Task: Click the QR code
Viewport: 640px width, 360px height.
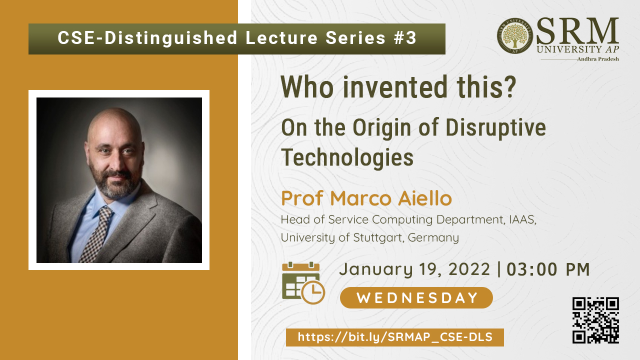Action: click(x=595, y=320)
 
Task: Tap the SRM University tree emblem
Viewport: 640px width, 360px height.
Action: click(x=515, y=36)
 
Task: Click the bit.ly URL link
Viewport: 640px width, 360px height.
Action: click(x=395, y=337)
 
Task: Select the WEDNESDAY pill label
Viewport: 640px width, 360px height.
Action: click(x=416, y=297)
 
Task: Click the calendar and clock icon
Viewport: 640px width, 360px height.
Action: click(x=303, y=283)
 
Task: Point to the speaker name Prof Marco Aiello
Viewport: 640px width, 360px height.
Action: click(x=366, y=198)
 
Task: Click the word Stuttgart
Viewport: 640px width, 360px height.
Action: click(x=378, y=237)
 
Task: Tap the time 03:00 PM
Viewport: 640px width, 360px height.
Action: click(x=548, y=269)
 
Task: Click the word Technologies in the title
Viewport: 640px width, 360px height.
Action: click(x=347, y=158)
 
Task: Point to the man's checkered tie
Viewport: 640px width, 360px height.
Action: click(x=97, y=233)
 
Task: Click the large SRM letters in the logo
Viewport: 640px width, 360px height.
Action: click(x=577, y=31)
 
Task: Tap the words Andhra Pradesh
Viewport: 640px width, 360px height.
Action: click(x=598, y=59)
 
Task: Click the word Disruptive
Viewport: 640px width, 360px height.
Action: click(x=495, y=128)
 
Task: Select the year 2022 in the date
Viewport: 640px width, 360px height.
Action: click(x=469, y=269)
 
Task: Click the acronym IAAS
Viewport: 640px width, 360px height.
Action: click(x=522, y=219)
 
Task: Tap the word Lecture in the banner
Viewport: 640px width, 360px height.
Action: click(x=281, y=37)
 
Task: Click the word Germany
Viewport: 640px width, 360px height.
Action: click(x=433, y=238)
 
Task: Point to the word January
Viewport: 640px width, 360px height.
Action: click(x=376, y=270)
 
